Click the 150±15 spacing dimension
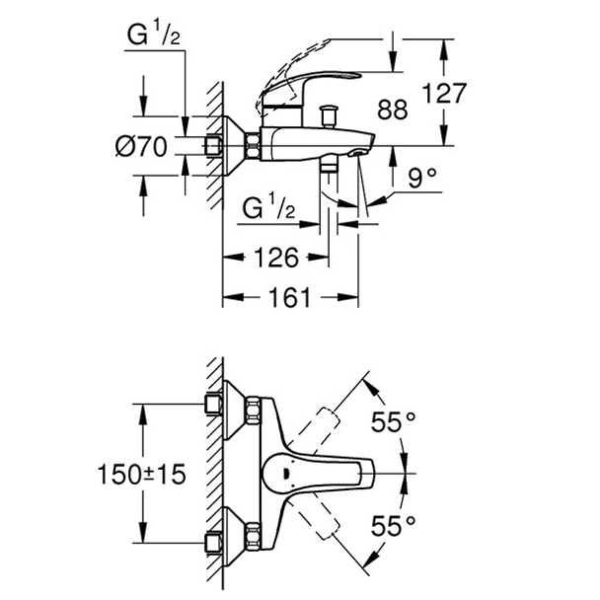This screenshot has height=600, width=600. click(x=148, y=475)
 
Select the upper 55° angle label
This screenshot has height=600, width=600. click(x=393, y=422)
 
